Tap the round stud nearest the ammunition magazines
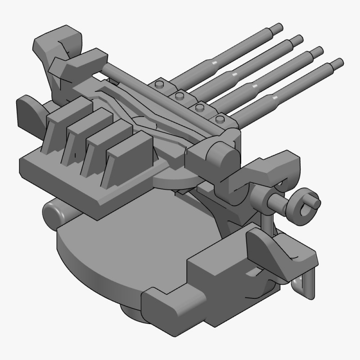(159, 85)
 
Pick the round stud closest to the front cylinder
(220, 120)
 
